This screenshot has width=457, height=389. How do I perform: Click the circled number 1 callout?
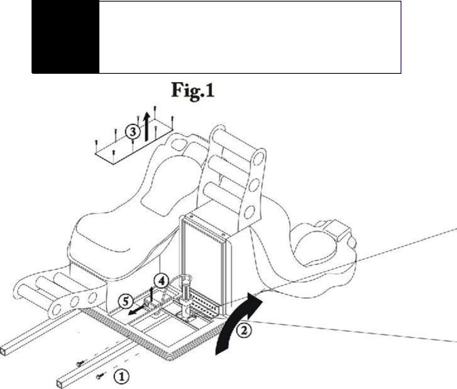click(x=121, y=376)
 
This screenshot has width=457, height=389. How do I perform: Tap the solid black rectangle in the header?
click(x=65, y=37)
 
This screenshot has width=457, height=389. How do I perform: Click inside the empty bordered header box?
click(x=250, y=37)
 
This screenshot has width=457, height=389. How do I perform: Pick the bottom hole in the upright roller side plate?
click(x=248, y=213)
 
